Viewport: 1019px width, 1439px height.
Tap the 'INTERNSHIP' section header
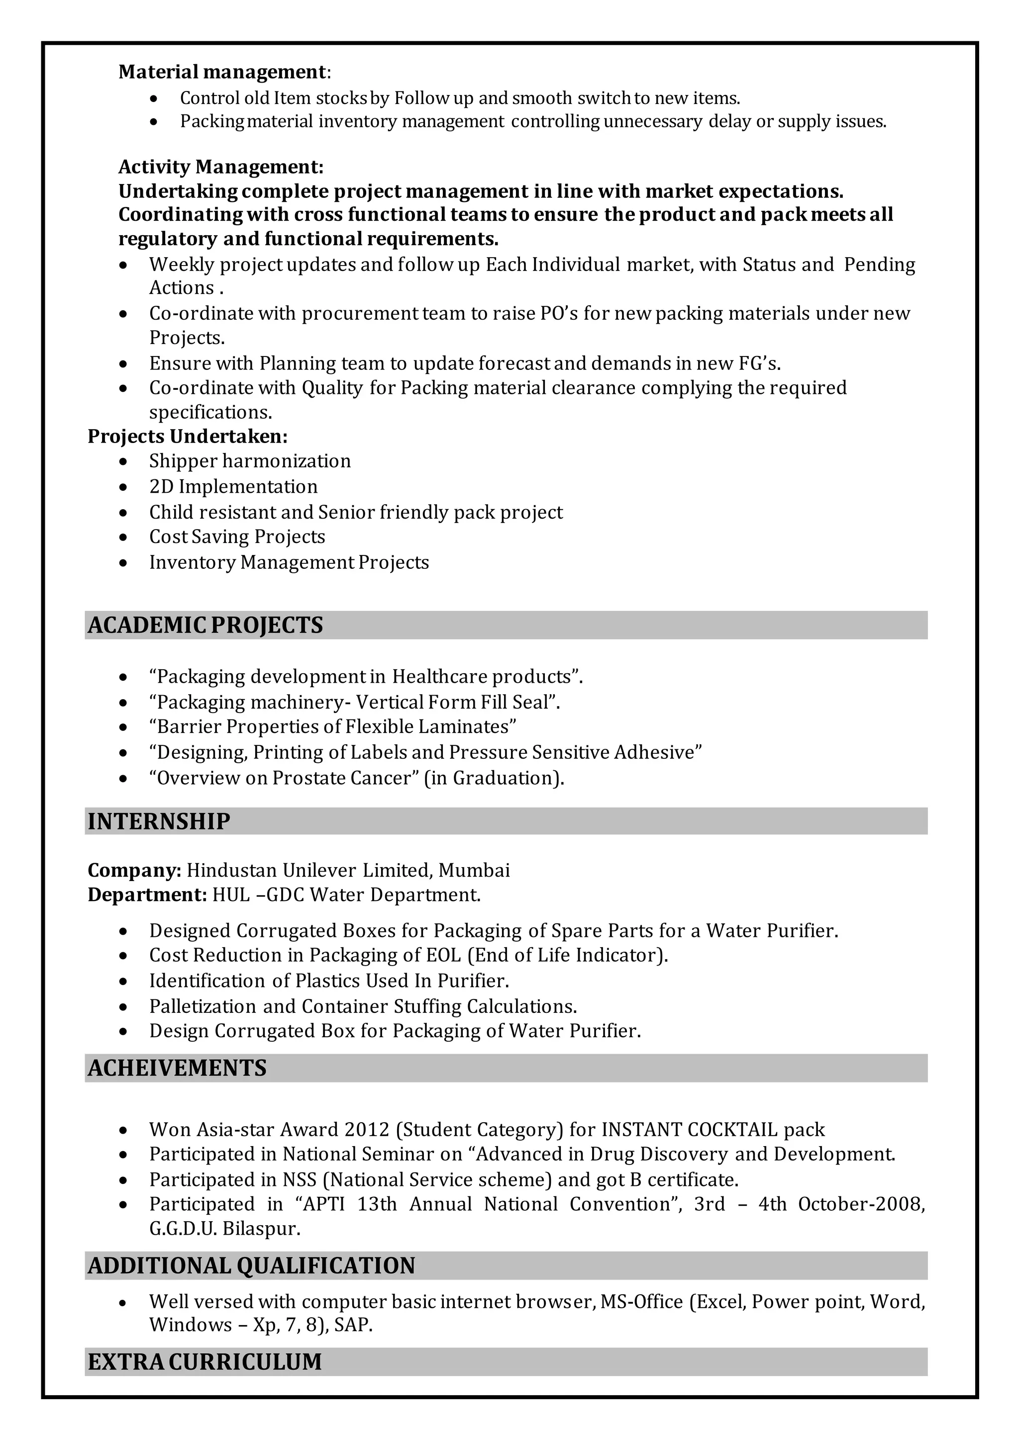pos(159,821)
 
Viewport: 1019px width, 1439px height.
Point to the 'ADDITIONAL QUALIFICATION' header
pos(251,1265)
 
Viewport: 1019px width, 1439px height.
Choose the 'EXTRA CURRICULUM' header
pos(204,1362)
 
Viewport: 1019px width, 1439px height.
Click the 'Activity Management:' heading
pos(221,167)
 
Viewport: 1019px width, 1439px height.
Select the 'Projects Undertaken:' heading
pos(188,437)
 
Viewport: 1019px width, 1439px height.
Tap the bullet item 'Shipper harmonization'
pos(250,461)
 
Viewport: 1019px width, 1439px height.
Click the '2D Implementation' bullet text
pos(233,487)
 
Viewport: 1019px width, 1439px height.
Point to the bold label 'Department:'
pos(147,895)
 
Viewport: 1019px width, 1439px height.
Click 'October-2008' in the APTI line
pos(860,1204)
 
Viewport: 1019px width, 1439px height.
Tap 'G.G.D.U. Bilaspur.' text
pos(224,1229)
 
